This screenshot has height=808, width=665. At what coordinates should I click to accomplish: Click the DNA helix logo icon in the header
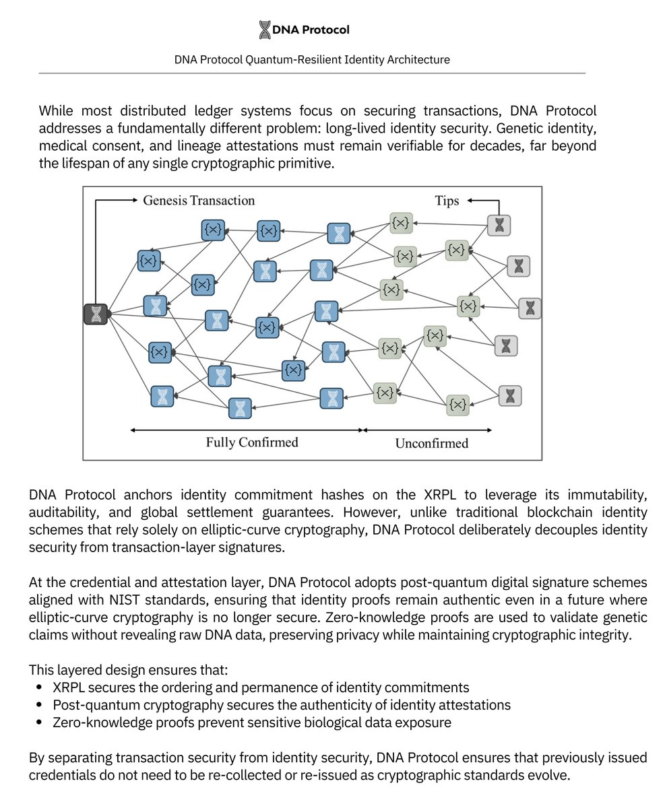265,30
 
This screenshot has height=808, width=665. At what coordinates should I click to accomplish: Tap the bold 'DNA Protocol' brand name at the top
311,30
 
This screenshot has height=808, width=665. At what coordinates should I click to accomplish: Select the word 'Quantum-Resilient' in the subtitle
290,60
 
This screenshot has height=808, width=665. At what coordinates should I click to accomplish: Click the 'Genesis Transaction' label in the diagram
199,200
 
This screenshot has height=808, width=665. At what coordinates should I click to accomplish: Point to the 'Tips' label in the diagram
447,201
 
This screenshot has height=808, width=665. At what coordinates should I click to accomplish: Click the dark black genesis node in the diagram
96,314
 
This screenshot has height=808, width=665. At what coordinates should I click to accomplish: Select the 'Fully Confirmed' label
251,442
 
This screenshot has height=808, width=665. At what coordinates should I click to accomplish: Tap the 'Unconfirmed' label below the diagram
431,443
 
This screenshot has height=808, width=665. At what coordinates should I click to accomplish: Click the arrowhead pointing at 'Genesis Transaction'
134,200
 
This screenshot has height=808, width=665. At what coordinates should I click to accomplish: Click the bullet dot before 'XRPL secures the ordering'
39,687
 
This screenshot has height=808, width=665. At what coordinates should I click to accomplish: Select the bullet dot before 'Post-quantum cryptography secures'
39,705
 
